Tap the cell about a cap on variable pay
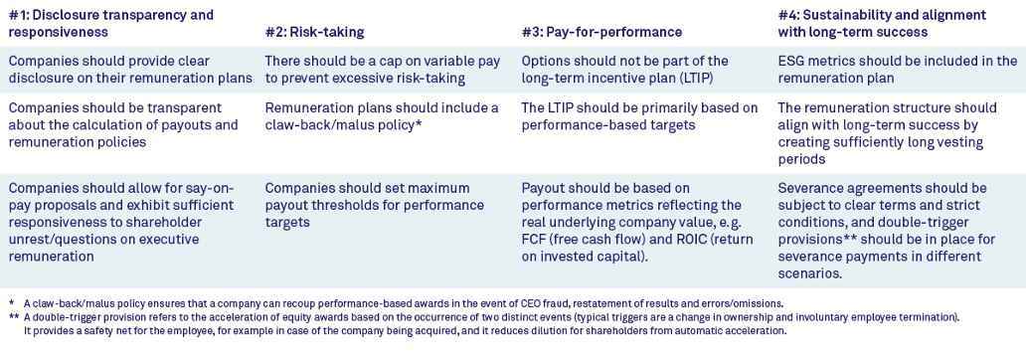click(383, 70)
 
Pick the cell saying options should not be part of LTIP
click(624, 70)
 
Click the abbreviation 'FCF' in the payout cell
click(537, 239)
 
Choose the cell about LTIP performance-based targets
click(639, 116)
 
